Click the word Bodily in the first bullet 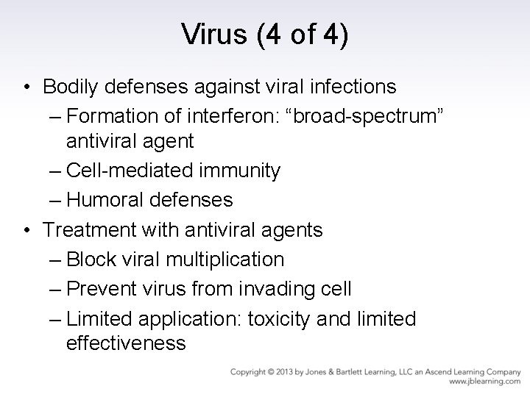click(x=71, y=87)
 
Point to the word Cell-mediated click(x=130, y=171)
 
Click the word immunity click(x=240, y=171)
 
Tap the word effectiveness click(x=125, y=343)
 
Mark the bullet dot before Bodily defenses click(x=26, y=87)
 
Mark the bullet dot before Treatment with click(x=26, y=231)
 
